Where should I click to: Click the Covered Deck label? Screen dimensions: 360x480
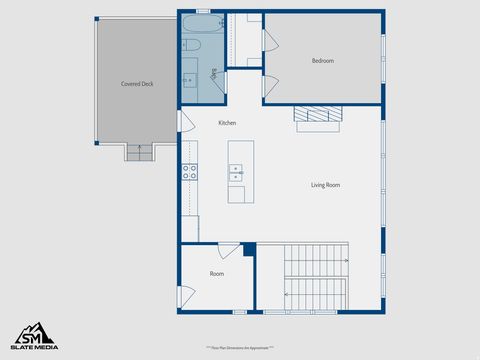pos(137,84)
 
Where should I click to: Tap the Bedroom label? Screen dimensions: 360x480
pos(322,61)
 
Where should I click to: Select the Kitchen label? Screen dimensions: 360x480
pos(227,122)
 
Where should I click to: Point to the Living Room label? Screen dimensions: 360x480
pos(325,185)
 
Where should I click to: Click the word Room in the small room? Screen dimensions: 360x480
pos(216,273)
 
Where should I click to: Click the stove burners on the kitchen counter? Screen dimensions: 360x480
pos(189,171)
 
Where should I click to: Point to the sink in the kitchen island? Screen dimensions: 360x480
pos(236,172)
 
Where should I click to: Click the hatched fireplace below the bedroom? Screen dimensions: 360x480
pos(317,114)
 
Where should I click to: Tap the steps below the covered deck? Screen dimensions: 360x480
pos(139,152)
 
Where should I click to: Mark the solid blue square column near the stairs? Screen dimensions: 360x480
pos(249,249)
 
